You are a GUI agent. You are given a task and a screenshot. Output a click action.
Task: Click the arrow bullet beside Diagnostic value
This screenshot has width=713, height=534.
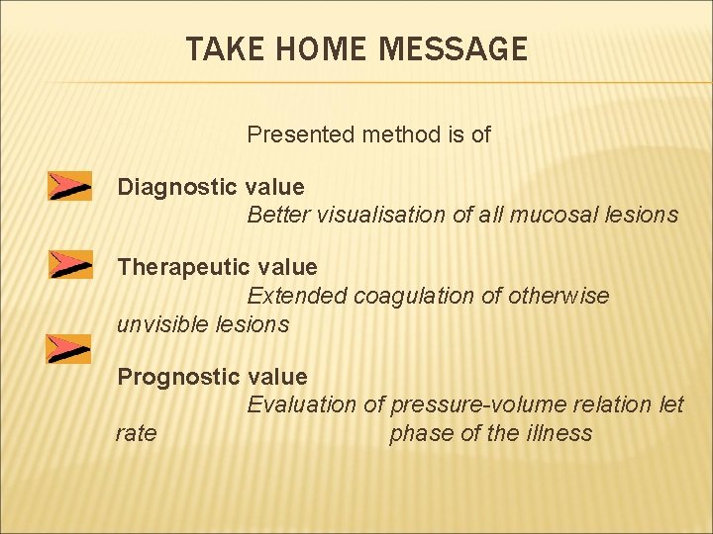click(69, 186)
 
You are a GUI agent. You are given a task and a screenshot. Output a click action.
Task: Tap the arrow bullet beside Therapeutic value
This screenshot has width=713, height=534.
click(69, 265)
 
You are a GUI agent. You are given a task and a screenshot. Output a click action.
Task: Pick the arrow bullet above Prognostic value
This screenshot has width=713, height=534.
click(69, 348)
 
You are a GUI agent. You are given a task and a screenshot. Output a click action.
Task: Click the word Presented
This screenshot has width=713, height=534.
click(293, 133)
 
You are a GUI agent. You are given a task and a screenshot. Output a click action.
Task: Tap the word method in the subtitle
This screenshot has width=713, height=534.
click(383, 133)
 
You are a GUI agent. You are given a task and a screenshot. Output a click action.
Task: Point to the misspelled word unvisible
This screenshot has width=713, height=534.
click(160, 323)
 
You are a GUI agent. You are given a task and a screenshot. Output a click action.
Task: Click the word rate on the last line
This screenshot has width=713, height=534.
click(136, 433)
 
